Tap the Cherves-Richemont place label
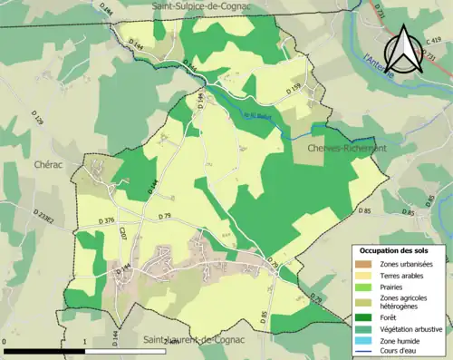[347, 148]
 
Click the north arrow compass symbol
[404, 50]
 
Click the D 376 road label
[104, 220]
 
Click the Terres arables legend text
[404, 275]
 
